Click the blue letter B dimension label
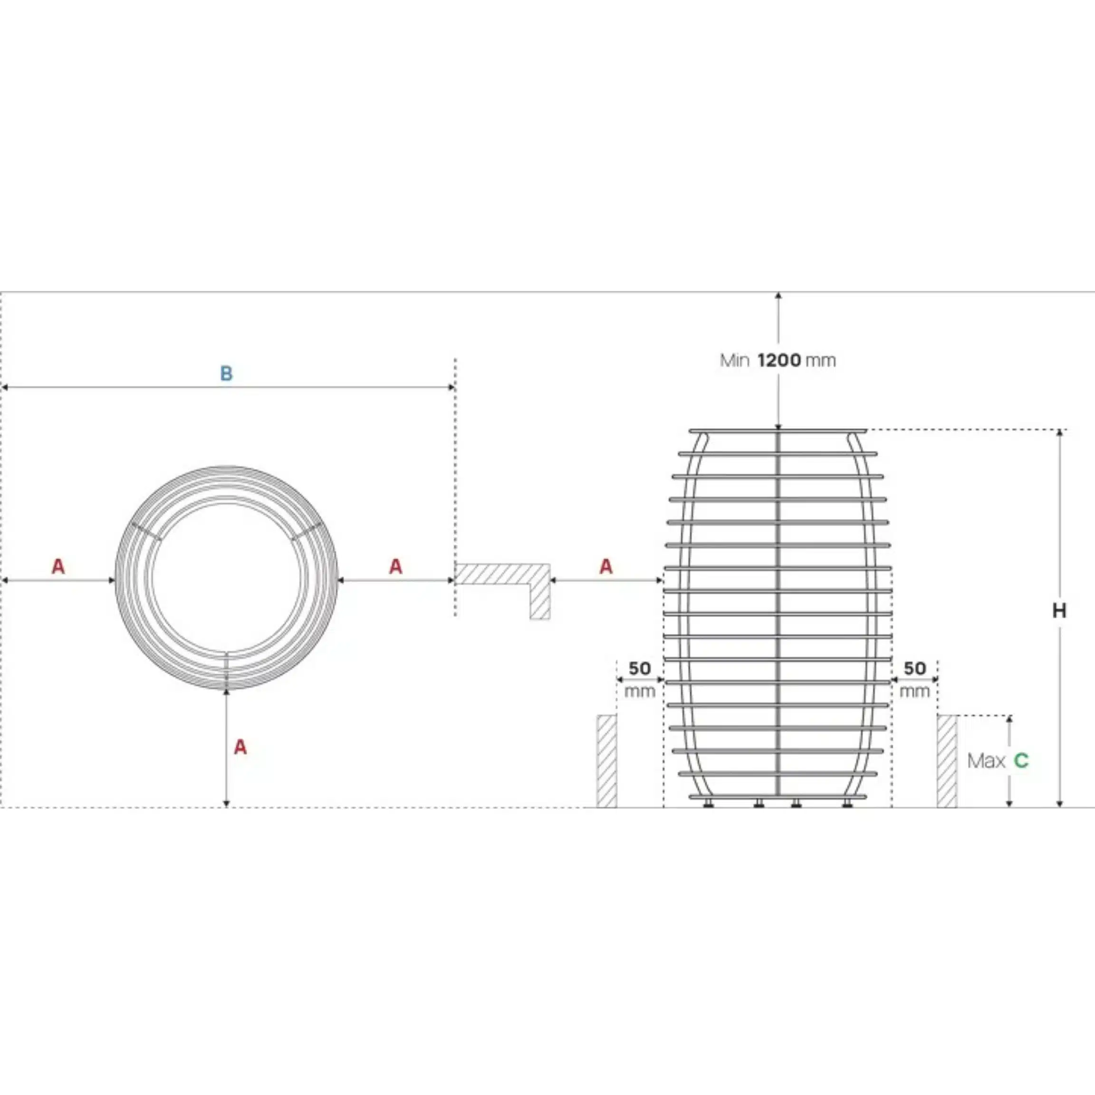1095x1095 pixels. (x=226, y=374)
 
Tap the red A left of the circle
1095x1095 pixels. (x=58, y=566)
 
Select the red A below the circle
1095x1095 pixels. (x=240, y=747)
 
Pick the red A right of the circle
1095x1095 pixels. (x=395, y=566)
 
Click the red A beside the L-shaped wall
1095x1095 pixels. (x=606, y=566)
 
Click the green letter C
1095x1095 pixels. (x=1021, y=760)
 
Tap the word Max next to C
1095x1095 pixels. (x=986, y=760)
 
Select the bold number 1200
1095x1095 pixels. (x=779, y=360)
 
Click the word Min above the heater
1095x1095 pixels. (x=735, y=360)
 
